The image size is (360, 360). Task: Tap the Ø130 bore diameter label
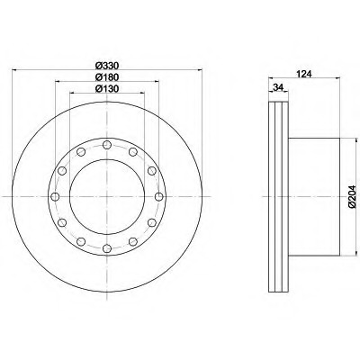pos(106,88)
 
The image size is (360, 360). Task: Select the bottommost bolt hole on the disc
pos(106,248)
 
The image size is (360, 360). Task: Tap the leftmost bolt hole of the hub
pos(55,197)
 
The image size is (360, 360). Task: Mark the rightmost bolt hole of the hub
pos(157,197)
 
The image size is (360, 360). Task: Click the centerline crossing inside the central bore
pos(106,197)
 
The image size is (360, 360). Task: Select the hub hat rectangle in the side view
pos(313,197)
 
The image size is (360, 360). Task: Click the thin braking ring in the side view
pos(276,197)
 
